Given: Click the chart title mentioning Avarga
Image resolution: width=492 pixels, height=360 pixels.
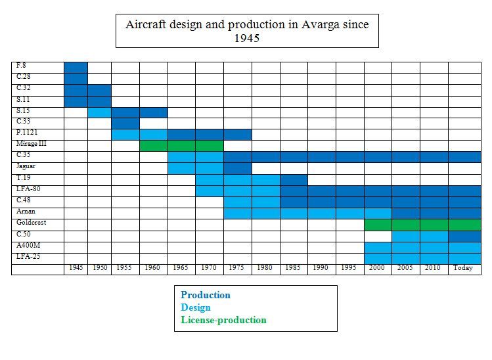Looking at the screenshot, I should (x=247, y=31).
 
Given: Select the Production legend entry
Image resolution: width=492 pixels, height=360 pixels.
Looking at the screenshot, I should (x=206, y=295).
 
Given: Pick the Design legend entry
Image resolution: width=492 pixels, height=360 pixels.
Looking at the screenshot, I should (x=196, y=307).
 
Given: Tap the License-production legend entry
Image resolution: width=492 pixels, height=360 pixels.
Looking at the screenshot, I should (x=223, y=320).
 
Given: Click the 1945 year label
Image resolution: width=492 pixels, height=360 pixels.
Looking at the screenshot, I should (x=76, y=268).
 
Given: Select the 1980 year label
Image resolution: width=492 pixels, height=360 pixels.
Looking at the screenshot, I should (x=265, y=268).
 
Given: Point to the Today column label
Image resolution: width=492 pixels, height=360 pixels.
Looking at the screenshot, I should (x=464, y=268).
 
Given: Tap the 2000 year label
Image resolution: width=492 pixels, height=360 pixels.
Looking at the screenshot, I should (x=378, y=268).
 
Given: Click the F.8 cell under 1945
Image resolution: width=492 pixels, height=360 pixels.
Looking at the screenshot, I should (x=76, y=66).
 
